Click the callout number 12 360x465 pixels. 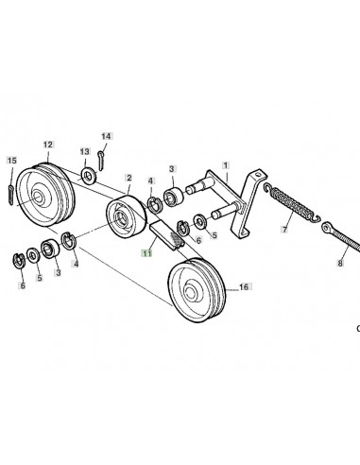pos(48,145)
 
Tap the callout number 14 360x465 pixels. pos(107,136)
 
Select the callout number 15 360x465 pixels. pos(11,161)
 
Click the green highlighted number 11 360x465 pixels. pos(147,253)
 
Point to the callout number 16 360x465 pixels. pos(244,287)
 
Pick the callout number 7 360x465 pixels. pos(284,230)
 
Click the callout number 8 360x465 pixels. pos(340,263)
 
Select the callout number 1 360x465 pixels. pos(226,165)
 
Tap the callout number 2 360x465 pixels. pos(129,178)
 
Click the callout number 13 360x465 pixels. pos(85,152)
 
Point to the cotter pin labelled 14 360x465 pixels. pos(101,161)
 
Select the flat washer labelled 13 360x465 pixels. pos(89,176)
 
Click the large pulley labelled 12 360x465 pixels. pos(45,195)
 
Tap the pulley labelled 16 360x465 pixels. pos(197,290)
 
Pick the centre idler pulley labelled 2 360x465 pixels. pos(127,216)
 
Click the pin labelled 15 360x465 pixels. pos(10,196)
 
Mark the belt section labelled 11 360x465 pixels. pos(166,234)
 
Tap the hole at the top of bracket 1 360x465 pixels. pos(258,174)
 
